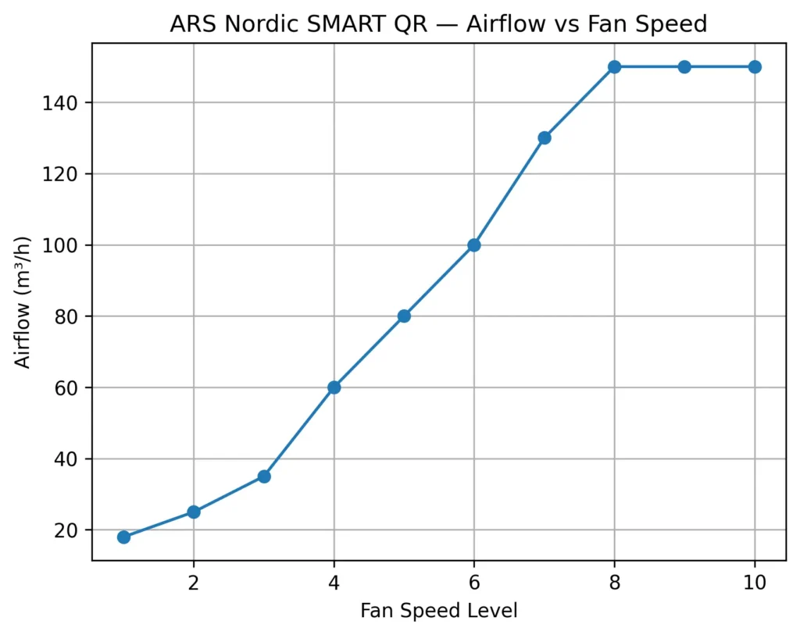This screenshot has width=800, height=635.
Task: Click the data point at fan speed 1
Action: (x=123, y=537)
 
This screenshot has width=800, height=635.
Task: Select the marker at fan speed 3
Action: (x=264, y=476)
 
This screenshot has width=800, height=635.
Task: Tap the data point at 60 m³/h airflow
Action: (x=334, y=387)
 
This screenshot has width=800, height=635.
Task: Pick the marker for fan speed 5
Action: (x=404, y=316)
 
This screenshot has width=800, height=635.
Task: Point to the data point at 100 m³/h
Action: (x=474, y=245)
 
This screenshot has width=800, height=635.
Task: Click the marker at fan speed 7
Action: (x=545, y=138)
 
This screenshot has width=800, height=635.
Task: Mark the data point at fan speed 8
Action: (x=614, y=67)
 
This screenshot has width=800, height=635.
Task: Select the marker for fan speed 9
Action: (x=684, y=67)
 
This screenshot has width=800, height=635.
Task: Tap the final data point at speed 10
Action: (x=755, y=67)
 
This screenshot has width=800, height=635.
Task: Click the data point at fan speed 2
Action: (x=194, y=512)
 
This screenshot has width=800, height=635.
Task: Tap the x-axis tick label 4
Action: (x=334, y=582)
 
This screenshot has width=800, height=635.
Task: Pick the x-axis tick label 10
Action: (x=755, y=582)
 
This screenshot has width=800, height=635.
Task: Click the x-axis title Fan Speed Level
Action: (x=439, y=611)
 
